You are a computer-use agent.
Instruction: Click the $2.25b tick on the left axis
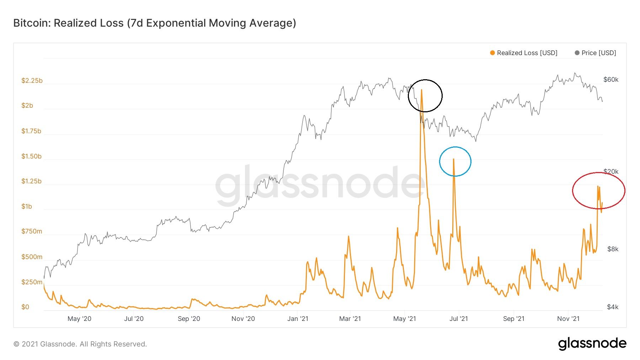32,81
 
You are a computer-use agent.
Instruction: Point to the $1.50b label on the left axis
31,156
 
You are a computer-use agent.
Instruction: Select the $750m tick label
32,231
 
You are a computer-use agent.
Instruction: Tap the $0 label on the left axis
25,307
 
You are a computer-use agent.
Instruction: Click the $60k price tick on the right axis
611,80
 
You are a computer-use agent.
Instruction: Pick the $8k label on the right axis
613,249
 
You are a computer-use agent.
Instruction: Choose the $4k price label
613,307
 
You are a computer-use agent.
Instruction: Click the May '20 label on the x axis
79,319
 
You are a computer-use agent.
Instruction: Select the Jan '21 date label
298,319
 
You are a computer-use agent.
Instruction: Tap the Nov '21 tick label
568,319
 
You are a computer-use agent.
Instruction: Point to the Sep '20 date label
189,319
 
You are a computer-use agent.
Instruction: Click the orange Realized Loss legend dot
492,53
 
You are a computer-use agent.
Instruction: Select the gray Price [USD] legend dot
577,53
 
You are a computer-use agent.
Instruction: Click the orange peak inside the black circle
422,90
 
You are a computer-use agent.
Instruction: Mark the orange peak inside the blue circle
453,159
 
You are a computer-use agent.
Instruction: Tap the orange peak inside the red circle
598,186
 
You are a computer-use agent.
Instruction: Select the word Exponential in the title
176,23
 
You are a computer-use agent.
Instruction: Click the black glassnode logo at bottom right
592,343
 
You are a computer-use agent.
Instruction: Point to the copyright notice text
80,344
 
